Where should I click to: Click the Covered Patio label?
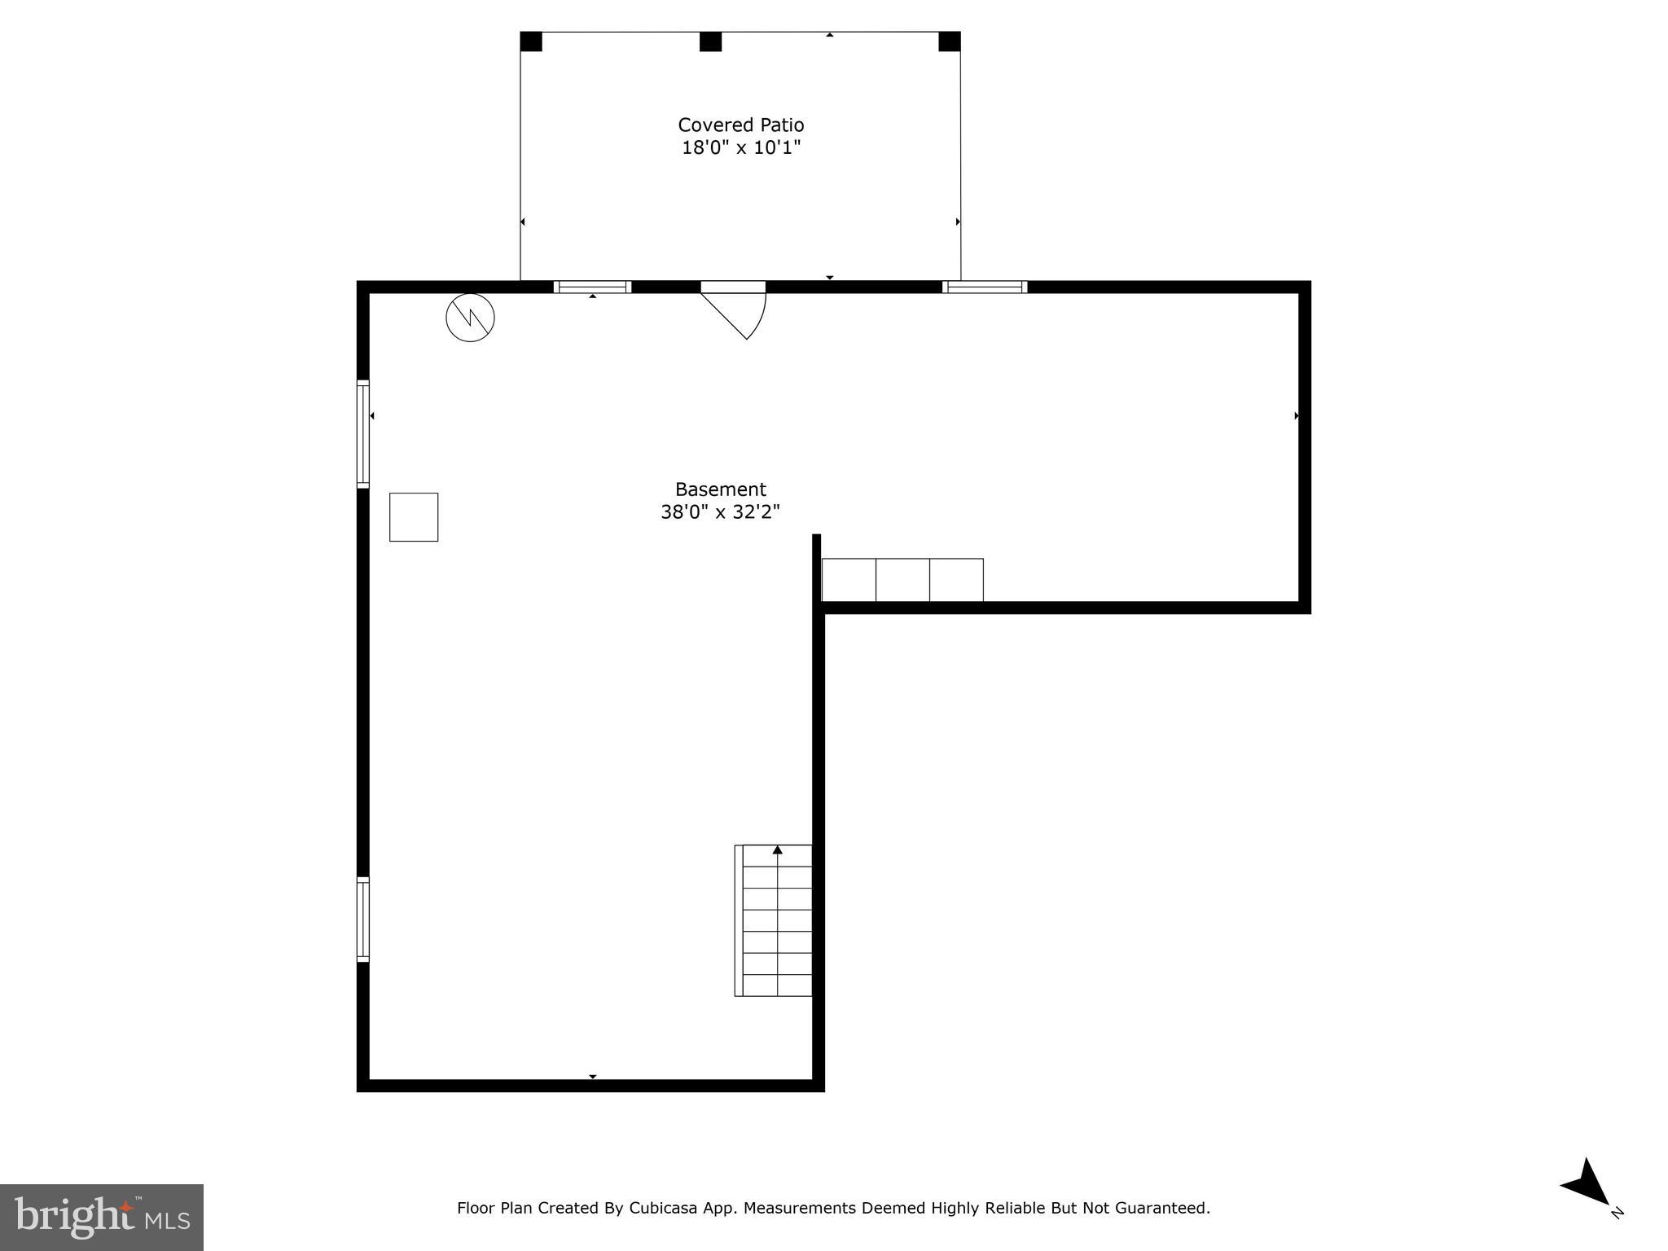coord(740,125)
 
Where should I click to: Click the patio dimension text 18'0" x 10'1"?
coord(740,147)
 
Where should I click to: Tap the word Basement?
coord(720,489)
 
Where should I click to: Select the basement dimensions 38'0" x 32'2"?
coord(720,512)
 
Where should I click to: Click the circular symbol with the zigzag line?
coord(470,318)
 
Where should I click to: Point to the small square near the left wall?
coord(414,517)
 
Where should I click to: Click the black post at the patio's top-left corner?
coord(531,42)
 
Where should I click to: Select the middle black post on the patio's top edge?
coord(710,42)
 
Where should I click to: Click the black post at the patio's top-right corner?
coord(950,42)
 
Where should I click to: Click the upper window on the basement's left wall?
coord(363,434)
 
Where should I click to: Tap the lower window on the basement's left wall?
coord(363,920)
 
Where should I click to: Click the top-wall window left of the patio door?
coord(592,287)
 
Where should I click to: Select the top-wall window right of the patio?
coord(985,287)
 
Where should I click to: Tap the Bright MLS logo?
coord(102,1217)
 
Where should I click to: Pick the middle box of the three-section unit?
coord(902,580)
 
